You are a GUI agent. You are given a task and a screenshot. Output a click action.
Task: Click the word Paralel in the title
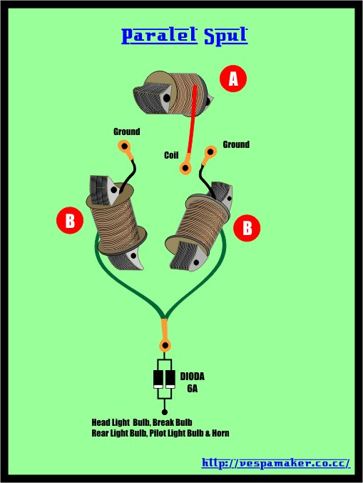tap(159, 36)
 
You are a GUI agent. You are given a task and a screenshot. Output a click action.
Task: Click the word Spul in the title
tap(226, 36)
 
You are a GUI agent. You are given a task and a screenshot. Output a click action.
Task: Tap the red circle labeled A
tap(233, 79)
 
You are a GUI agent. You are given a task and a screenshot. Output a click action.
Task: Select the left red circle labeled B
tap(70, 220)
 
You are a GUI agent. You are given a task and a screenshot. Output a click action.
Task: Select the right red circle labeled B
tap(247, 228)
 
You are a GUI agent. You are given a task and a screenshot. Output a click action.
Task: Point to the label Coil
tap(171, 155)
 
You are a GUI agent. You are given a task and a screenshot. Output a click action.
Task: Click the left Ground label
tap(127, 132)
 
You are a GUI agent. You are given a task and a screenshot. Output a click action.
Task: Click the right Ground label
tap(236, 144)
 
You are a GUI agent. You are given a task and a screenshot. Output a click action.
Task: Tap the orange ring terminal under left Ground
tap(125, 146)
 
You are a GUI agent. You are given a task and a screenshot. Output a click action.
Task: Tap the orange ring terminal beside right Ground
tap(210, 152)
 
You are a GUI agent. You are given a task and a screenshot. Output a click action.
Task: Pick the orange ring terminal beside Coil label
tap(185, 168)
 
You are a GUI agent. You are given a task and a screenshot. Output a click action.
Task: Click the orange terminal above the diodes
tap(165, 345)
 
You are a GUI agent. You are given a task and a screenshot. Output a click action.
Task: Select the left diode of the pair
tap(158, 379)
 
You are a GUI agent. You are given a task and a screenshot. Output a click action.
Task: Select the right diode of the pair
tap(170, 379)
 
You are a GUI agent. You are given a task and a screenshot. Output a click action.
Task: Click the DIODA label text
tap(192, 377)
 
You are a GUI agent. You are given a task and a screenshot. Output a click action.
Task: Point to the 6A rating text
tap(193, 389)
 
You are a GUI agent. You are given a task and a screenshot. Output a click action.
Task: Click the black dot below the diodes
tap(165, 412)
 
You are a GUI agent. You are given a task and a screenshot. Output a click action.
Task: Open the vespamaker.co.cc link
tap(276, 463)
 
